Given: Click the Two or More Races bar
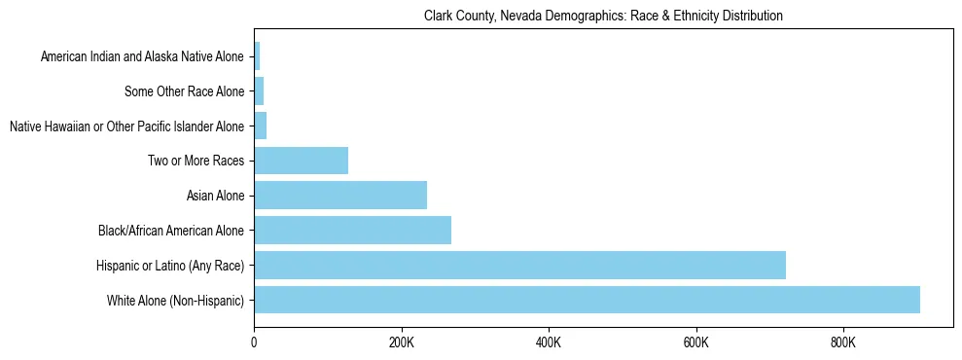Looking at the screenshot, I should (301, 161).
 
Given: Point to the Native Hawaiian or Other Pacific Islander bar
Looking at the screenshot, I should (260, 126).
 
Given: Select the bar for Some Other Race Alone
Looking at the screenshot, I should (259, 91).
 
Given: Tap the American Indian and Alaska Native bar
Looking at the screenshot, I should (257, 56).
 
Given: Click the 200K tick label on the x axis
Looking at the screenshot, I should (401, 342).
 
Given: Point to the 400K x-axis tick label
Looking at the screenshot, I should (549, 342).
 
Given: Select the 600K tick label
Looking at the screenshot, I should (696, 342).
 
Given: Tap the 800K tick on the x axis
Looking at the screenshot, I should (843, 342).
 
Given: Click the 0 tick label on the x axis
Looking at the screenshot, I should (254, 342).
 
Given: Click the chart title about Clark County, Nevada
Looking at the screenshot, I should (603, 17).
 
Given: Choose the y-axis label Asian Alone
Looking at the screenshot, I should (215, 197).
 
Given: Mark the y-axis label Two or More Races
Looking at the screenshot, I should (196, 162).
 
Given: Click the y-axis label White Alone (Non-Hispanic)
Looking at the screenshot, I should (175, 301).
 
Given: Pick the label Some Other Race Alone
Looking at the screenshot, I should (184, 92).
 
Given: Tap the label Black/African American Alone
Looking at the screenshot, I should (171, 232).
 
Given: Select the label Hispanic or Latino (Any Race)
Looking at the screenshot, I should (170, 266).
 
